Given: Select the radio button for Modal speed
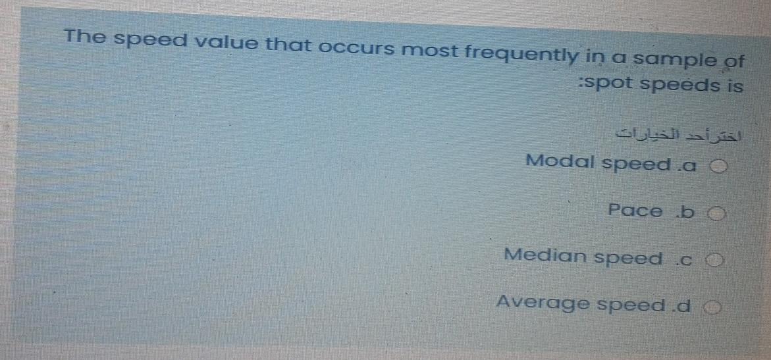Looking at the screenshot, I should (x=719, y=167).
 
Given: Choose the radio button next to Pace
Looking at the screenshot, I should (x=718, y=214).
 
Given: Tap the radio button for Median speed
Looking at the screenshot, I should (x=717, y=260).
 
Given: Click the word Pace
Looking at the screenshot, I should (x=635, y=211).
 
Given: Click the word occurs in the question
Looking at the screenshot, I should (x=359, y=47).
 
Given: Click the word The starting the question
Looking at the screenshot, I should (x=86, y=36).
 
